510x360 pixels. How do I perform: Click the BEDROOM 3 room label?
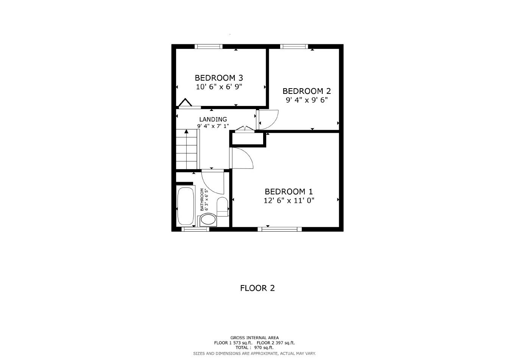pos(219,78)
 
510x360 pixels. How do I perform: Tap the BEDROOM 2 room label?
pos(307,91)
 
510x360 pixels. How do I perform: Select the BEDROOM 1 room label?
pos(289,192)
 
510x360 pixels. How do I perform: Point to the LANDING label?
pos(213,119)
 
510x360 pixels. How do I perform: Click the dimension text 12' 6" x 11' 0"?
pos(289,201)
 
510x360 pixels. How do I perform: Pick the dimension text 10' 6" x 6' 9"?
pos(219,87)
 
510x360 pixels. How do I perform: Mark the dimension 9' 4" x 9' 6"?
pos(307,100)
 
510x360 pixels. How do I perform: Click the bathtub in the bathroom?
pos(185,206)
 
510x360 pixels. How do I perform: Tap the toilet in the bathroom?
pos(222,206)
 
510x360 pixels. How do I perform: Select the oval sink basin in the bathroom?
pos(208,220)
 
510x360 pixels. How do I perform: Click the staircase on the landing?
pos(187,149)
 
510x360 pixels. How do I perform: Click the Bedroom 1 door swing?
pos(242,158)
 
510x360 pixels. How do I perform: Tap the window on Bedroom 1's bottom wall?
pos(279,229)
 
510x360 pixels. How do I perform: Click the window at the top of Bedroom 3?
pos(208,47)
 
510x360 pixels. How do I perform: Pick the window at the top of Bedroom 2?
pos(294,47)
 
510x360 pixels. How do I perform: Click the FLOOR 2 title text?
pos(257,288)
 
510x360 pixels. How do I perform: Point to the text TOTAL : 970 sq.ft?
pos(254,348)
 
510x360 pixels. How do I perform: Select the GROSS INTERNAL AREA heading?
pos(254,338)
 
